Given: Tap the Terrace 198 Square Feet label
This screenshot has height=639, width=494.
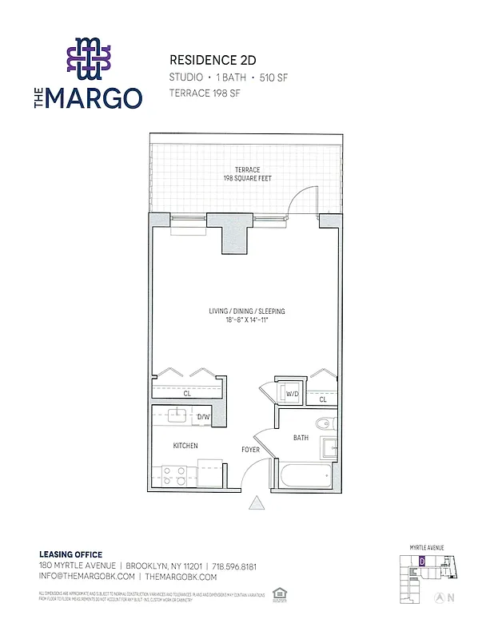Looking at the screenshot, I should click(247, 174).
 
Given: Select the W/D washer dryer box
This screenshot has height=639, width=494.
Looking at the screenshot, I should click(292, 394).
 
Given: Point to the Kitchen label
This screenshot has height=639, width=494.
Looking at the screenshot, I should click(185, 446).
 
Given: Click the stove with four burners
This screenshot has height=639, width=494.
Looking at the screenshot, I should click(174, 476).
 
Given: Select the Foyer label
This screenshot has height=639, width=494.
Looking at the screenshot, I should click(251, 450).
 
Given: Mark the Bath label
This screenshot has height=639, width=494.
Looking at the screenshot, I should click(301, 438).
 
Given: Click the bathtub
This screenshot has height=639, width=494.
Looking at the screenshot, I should click(305, 477).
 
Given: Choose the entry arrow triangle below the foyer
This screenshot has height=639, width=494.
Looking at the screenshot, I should click(257, 503).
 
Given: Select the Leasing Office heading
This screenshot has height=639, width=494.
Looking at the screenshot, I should click(70, 554).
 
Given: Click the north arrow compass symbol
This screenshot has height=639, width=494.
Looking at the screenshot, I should click(439, 597).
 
